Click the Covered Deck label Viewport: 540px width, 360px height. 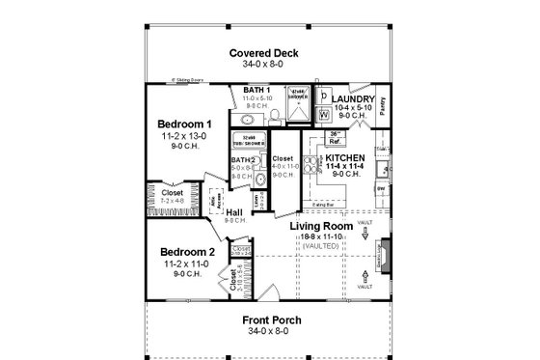pyautogui.click(x=269, y=53)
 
